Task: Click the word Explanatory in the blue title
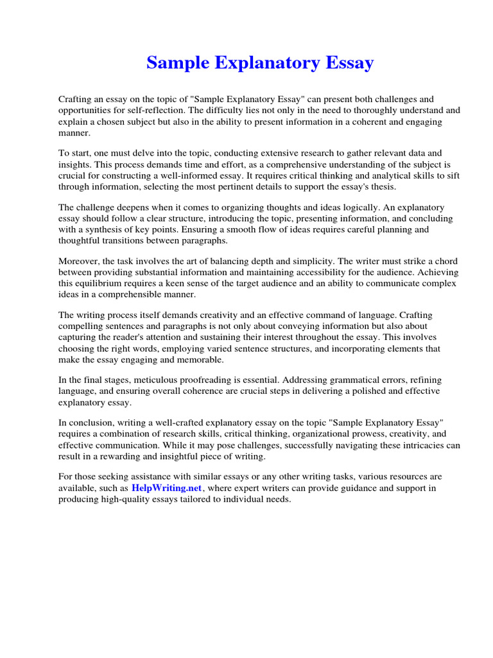[x=261, y=64]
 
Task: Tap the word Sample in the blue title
[x=177, y=64]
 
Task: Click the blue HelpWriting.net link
[x=167, y=488]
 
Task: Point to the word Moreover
[x=79, y=261]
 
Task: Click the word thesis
[x=381, y=186]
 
